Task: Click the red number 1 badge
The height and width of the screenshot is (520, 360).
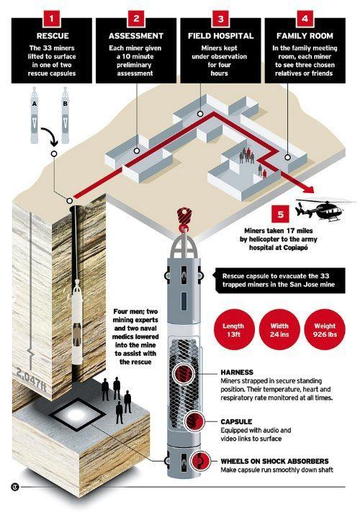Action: (x=51, y=19)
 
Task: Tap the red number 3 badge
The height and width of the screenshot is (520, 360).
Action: (x=221, y=19)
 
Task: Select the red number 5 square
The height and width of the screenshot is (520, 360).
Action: (x=281, y=214)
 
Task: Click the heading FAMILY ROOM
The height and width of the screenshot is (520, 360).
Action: (x=305, y=36)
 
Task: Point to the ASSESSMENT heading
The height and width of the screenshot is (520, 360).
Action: (x=136, y=36)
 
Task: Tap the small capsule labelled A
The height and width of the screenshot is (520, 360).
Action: (x=35, y=115)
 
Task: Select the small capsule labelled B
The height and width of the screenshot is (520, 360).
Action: (x=65, y=115)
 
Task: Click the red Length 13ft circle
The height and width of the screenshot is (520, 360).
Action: (x=233, y=330)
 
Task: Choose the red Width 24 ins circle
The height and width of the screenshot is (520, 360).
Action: (x=279, y=330)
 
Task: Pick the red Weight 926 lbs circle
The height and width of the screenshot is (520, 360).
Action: (x=325, y=330)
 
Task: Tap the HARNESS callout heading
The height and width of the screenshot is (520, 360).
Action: (x=237, y=372)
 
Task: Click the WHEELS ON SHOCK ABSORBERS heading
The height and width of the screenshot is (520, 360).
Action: (x=274, y=461)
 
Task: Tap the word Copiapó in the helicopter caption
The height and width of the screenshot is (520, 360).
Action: (x=295, y=248)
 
